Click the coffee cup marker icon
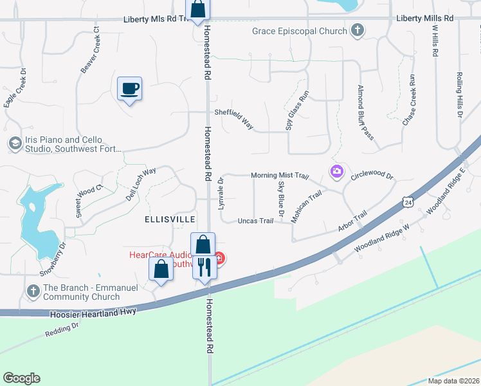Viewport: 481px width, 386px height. [129, 89]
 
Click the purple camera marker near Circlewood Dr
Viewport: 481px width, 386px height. [336, 172]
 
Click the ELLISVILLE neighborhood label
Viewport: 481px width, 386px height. [169, 219]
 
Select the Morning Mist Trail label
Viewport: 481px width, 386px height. [280, 175]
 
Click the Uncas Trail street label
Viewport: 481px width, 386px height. [255, 221]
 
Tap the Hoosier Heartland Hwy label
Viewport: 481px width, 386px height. [94, 315]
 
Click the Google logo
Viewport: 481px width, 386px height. [21, 378]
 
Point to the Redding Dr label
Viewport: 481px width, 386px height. [62, 329]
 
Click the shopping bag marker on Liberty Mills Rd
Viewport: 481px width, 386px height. [198, 10]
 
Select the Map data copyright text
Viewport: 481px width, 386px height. [453, 381]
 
